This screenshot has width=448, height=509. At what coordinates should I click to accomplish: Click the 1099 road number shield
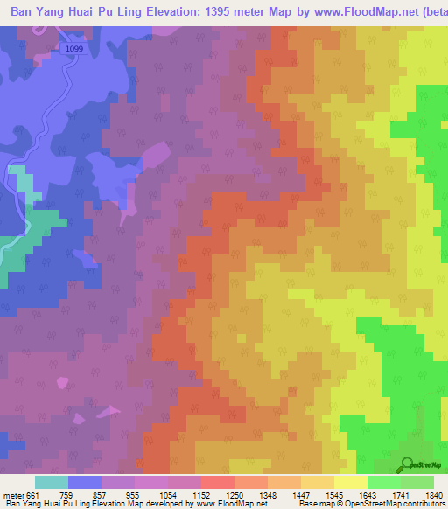(74, 50)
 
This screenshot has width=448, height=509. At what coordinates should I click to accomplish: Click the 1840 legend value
(434, 494)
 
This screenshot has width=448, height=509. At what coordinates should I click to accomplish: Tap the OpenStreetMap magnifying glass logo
(407, 464)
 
